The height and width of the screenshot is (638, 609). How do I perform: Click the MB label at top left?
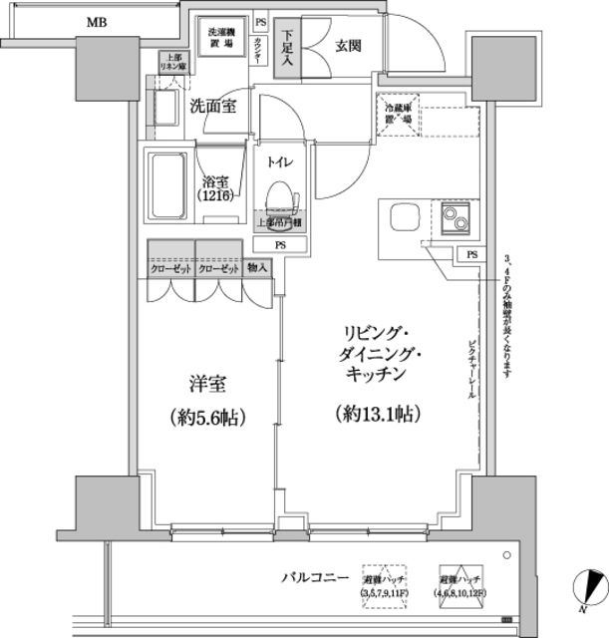98,21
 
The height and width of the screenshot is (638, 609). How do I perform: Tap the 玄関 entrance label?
349,46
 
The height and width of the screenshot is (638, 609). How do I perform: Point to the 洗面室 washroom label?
211,107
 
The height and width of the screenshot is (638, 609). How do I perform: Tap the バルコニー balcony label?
314,577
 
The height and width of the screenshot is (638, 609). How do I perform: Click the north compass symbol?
590,588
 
